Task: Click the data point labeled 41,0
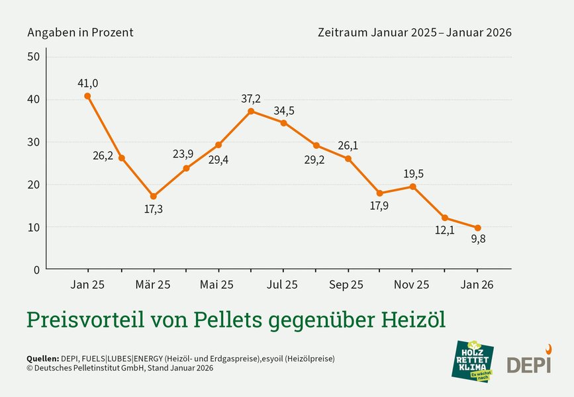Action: tap(88, 96)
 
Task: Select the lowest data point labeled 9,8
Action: tap(477, 228)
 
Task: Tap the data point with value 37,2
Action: tap(251, 111)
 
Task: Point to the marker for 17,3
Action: tap(154, 196)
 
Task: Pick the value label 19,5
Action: tap(413, 173)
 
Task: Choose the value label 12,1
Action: tap(444, 230)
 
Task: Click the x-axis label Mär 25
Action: tap(154, 285)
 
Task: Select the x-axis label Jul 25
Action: tap(283, 285)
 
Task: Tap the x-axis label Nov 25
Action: tap(412, 285)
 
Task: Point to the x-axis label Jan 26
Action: tap(477, 285)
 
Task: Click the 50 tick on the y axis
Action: tap(34, 57)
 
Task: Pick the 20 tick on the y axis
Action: tap(34, 185)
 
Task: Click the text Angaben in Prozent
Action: tap(80, 32)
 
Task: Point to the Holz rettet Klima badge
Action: tap(473, 361)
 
